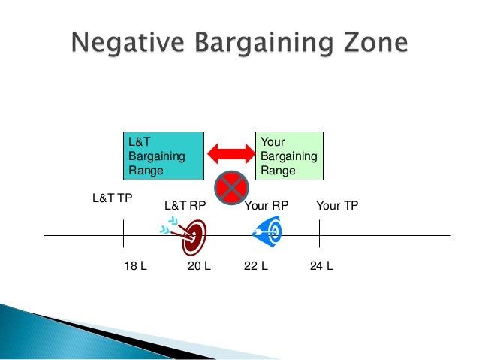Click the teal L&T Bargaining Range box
[164, 156]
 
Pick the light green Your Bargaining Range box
[290, 156]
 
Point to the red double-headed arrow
[230, 153]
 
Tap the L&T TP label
[112, 199]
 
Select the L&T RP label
[185, 205]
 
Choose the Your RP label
[267, 205]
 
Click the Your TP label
[338, 205]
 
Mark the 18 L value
[134, 266]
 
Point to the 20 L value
[198, 266]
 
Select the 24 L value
[321, 266]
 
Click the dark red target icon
[195, 236]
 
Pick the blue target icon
[269, 231]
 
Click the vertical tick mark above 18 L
[123, 234]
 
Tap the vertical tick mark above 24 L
[320, 234]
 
